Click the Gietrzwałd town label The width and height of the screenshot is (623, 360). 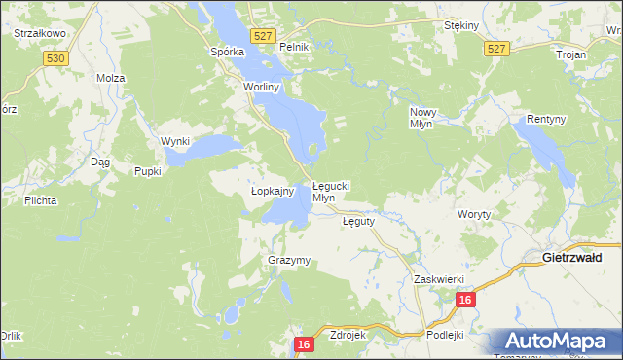(x=571, y=257)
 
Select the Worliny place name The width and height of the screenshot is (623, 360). (x=261, y=87)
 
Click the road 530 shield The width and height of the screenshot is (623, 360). (x=55, y=59)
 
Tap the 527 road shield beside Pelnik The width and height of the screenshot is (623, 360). (x=260, y=35)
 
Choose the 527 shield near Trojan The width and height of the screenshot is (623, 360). (x=497, y=48)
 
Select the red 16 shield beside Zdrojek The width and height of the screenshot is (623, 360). (x=304, y=344)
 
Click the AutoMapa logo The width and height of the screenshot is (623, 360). (x=557, y=341)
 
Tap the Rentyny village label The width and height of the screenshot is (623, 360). (x=545, y=119)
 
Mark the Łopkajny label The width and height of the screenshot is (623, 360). (x=259, y=192)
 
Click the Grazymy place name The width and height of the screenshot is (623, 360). (x=288, y=261)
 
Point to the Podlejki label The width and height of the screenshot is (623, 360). (x=446, y=334)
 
